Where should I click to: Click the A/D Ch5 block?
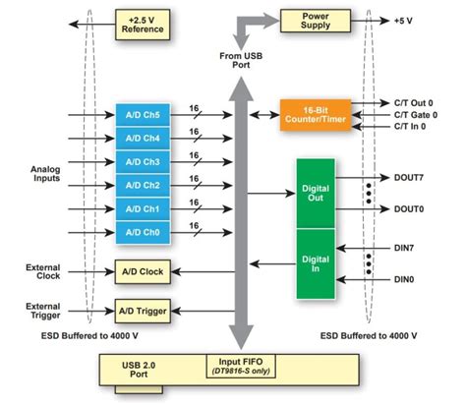144,115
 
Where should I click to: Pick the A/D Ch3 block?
144,161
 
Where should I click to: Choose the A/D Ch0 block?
144,231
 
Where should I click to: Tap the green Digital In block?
318,262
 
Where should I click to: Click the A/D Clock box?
144,271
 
